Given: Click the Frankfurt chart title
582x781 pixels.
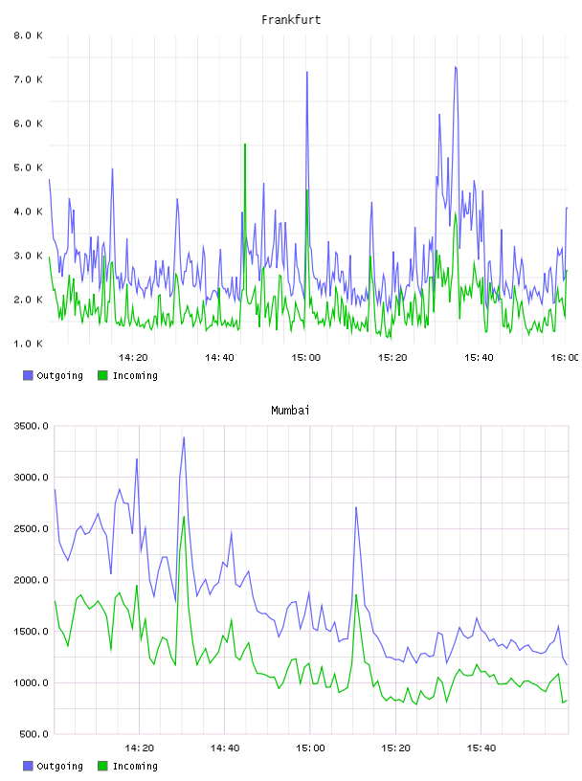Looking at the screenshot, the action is [291, 19].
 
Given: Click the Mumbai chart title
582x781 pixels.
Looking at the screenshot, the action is [290, 410].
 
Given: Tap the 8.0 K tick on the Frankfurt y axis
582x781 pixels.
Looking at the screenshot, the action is [29, 35].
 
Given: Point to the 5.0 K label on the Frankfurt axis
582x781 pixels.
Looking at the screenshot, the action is [29, 167].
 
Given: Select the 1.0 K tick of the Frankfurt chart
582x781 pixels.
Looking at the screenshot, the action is [29, 344].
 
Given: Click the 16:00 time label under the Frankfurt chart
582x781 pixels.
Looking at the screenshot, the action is [565, 357].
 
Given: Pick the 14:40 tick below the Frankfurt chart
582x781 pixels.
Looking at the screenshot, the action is [219, 357].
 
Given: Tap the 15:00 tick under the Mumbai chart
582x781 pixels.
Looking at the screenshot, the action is [310, 748].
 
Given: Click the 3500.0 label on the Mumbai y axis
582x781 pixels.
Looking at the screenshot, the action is [31, 426].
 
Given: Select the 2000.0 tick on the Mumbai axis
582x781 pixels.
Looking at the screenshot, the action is [31, 580].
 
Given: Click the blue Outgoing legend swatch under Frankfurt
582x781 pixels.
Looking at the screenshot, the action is [28, 375].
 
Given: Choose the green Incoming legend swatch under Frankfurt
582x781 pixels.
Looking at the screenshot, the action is [102, 375].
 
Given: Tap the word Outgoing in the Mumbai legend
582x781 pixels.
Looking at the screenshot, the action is [59, 766].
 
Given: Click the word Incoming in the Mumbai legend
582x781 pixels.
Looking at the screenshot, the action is [135, 766].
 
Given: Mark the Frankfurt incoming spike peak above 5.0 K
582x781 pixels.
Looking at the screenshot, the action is [245, 145].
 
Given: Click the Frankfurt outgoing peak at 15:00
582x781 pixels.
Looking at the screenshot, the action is [307, 72].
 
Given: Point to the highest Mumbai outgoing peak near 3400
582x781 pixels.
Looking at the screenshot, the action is [184, 437].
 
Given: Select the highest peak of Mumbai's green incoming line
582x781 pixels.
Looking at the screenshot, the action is [184, 517].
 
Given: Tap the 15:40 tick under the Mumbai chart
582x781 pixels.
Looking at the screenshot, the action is [481, 748].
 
